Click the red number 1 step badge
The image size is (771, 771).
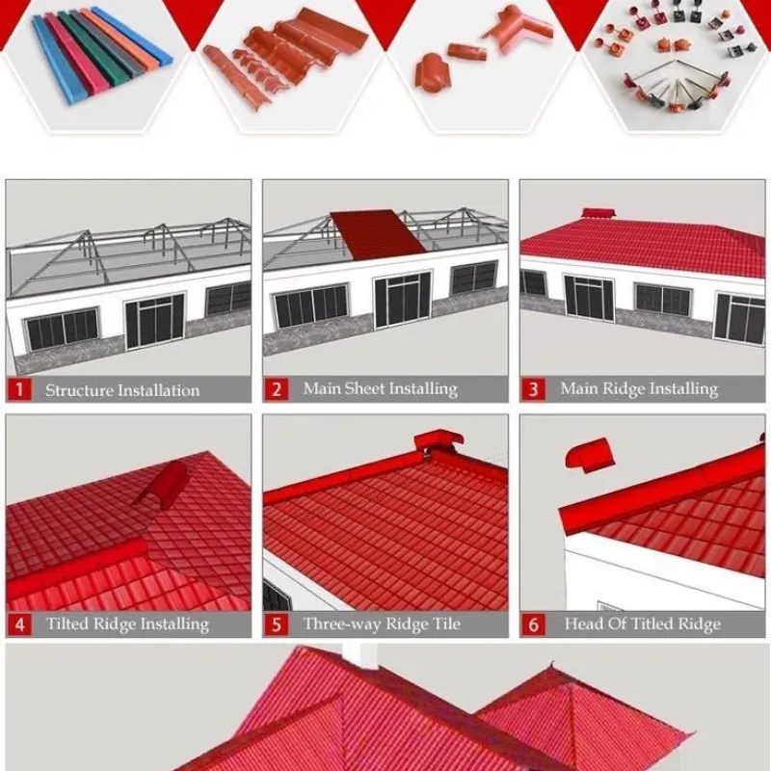19,390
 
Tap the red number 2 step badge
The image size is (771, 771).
277,389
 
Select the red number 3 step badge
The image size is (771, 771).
533,389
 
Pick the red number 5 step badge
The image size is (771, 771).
277,625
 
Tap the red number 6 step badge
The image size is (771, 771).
533,625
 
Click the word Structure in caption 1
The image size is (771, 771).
81,390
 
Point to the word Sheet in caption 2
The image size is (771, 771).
367,388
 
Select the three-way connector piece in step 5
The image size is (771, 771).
438,442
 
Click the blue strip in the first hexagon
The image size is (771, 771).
58,58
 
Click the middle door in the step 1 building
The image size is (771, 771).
153,322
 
